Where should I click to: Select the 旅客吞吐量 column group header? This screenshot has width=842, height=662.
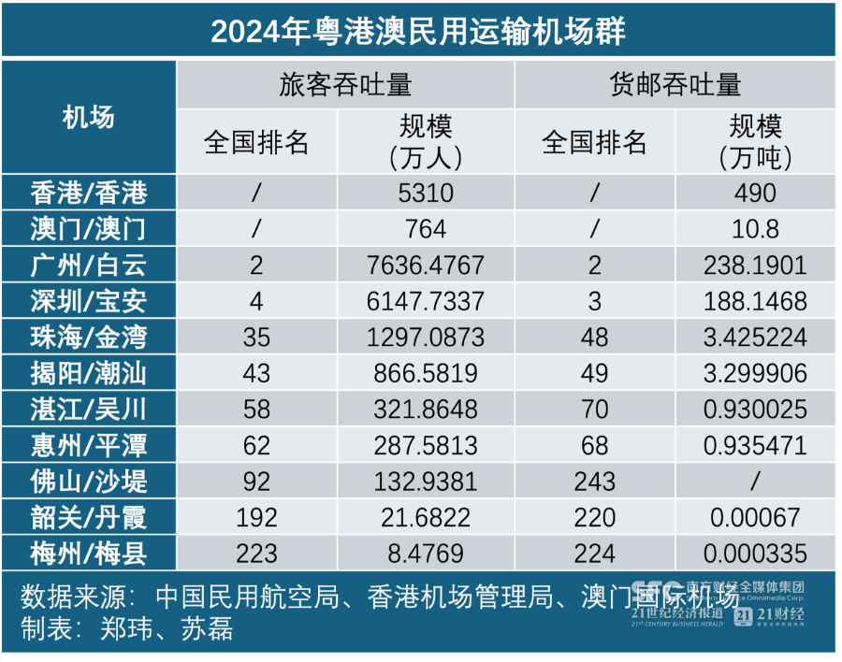click(x=345, y=84)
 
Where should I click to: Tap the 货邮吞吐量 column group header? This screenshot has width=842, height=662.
click(x=675, y=84)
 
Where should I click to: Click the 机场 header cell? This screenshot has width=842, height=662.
click(x=88, y=118)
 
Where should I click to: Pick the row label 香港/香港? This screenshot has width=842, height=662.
click(x=88, y=193)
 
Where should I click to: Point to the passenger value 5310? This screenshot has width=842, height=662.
click(x=426, y=193)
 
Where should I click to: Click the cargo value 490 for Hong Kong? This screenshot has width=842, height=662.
click(x=755, y=193)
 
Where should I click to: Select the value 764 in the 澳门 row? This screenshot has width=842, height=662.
click(x=426, y=228)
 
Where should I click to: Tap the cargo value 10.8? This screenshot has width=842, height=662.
click(x=755, y=228)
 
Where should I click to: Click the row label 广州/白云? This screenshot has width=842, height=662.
click(x=88, y=265)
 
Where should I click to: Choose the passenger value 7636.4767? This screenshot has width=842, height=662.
click(x=426, y=265)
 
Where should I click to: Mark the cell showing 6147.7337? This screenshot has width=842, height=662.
click(x=426, y=301)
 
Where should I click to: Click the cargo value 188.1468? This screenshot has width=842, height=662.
click(x=755, y=301)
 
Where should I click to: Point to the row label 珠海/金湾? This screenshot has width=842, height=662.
click(x=88, y=337)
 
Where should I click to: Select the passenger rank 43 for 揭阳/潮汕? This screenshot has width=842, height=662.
click(x=255, y=373)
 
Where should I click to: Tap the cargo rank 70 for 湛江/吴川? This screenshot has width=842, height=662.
click(x=594, y=409)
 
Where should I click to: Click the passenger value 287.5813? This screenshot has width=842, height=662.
click(x=426, y=445)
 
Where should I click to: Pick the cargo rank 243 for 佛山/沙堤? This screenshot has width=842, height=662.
click(x=594, y=481)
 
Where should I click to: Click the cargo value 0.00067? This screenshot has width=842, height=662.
click(x=755, y=517)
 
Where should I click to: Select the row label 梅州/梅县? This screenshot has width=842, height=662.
click(x=88, y=553)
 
